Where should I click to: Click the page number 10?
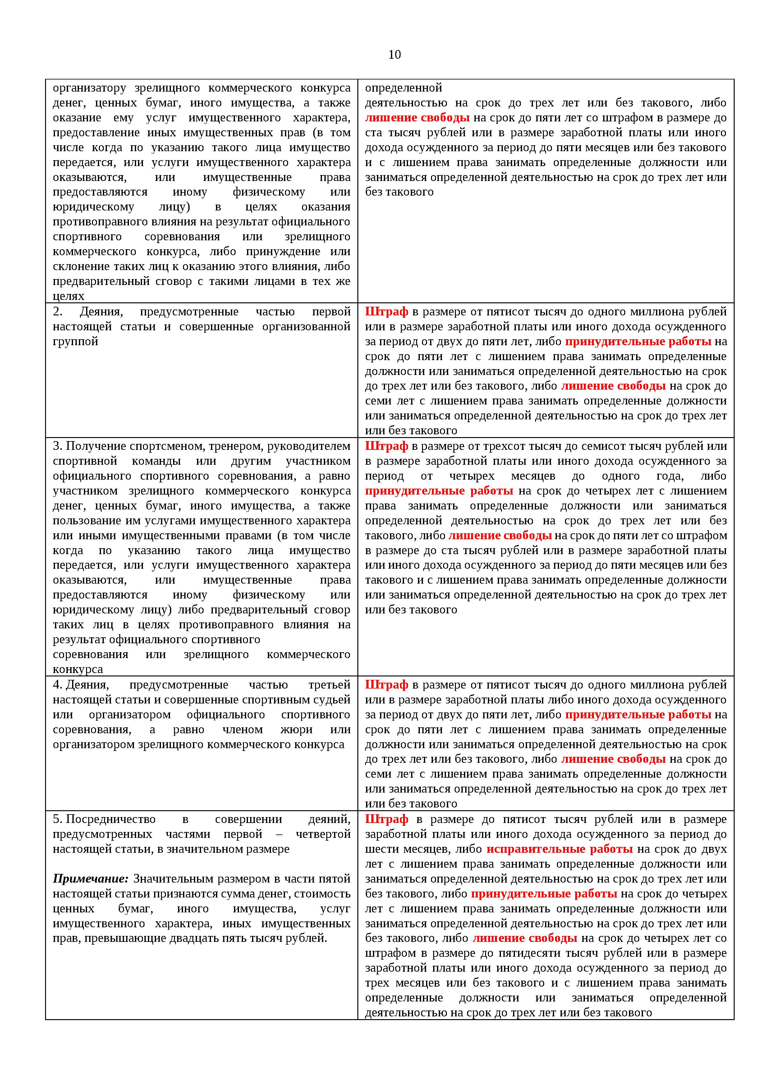[x=395, y=55]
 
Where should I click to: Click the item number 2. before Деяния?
[x=57, y=312]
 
